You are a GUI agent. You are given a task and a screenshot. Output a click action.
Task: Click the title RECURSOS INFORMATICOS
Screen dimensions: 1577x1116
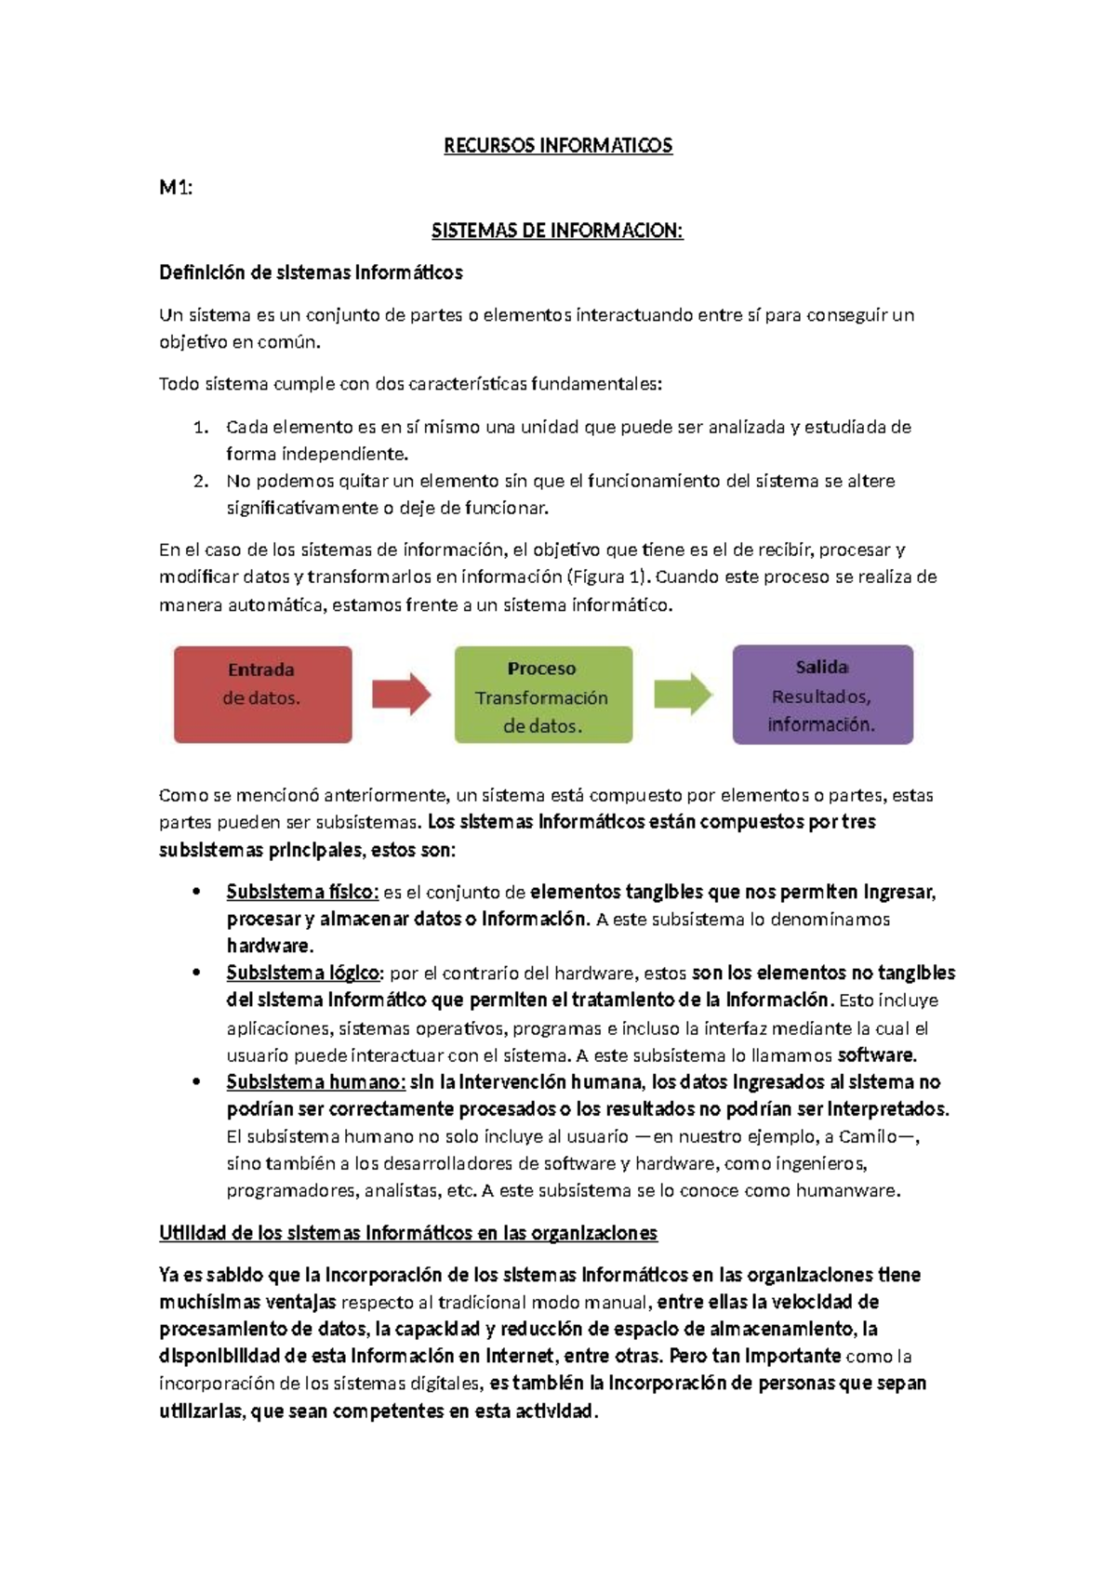[x=558, y=146]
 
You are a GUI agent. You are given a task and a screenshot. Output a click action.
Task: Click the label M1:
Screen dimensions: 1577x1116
[x=176, y=188]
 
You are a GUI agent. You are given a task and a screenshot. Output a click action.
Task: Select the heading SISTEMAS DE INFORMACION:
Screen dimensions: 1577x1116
[x=557, y=231]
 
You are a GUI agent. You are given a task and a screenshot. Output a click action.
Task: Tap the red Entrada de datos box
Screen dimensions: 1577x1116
[x=263, y=695]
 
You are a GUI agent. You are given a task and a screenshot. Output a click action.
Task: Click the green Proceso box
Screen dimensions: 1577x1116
[x=543, y=695]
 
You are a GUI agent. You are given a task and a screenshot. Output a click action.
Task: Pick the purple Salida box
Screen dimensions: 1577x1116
[x=822, y=695]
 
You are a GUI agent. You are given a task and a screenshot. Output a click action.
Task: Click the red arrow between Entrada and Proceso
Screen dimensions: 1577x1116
[x=402, y=695]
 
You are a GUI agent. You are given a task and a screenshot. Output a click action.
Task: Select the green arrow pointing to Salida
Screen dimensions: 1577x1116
[x=683, y=695]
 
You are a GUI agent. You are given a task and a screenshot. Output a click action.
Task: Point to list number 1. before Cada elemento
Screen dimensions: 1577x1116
[x=202, y=428]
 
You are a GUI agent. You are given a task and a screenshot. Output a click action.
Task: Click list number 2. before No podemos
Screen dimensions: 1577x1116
[x=202, y=482]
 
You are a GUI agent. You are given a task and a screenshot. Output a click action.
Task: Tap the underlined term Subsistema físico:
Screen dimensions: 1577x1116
[x=302, y=893]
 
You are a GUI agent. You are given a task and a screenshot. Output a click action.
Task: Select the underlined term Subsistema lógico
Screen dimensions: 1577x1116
[x=303, y=974]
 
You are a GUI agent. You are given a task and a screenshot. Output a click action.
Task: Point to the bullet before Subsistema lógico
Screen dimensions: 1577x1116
[x=196, y=974]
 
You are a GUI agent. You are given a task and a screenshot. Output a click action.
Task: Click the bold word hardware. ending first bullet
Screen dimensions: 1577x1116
[x=270, y=947]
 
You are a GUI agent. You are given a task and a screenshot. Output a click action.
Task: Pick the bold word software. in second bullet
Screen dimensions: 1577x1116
[x=877, y=1055]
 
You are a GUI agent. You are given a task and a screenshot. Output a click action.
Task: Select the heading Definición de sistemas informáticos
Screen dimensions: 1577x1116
[x=311, y=273]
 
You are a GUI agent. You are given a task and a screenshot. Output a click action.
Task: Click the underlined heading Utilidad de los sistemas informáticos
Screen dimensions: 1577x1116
[x=407, y=1234]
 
